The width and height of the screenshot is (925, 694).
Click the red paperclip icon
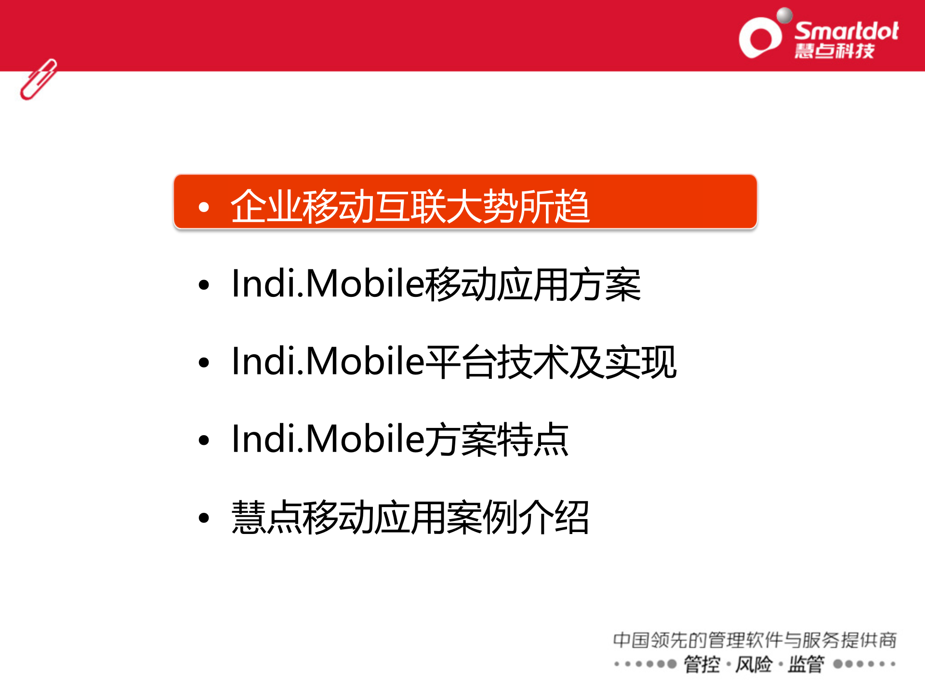pos(39,80)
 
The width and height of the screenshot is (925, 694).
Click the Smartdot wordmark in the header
pos(846,31)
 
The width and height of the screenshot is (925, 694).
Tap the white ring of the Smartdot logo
pos(760,38)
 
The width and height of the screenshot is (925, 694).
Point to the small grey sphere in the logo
pos(784,15)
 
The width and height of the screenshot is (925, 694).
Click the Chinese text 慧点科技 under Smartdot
pos(834,51)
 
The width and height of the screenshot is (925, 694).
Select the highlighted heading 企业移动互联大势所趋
pos(410,206)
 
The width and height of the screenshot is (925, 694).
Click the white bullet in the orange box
pos(204,207)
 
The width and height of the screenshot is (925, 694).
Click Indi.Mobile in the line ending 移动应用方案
pos(328,284)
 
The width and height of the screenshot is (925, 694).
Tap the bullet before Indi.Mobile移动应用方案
pos(204,285)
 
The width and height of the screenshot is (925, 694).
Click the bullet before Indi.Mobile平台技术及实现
pos(204,362)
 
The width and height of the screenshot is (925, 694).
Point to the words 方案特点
pos(497,440)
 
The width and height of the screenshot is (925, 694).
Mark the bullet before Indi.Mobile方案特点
pos(204,440)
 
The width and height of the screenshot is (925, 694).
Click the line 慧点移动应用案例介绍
pos(410,518)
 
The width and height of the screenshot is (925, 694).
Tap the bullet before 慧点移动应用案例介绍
pos(204,518)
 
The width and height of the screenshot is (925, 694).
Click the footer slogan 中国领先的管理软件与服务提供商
pos(754,640)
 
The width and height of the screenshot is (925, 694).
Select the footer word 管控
pos(702,665)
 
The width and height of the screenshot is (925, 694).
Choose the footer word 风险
pos(754,665)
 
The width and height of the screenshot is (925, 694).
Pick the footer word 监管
pos(806,665)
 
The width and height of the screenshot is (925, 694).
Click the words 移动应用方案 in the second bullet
pos(532,284)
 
